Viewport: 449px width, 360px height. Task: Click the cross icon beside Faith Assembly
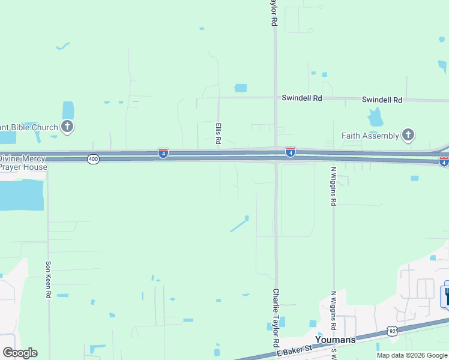[408, 135]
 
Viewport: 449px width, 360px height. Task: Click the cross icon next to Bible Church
[67, 127]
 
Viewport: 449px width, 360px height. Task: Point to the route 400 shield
[93, 159]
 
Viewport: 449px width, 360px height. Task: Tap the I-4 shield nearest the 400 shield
[163, 154]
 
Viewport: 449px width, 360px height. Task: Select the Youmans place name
[336, 340]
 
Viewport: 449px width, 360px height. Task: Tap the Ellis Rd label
[218, 134]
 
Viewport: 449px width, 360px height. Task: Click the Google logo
[20, 353]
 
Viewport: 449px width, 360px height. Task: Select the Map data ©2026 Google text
[412, 355]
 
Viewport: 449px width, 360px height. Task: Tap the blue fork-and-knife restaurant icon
[445, 296]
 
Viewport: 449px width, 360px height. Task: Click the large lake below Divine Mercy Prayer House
[22, 195]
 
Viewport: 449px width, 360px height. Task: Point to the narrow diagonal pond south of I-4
[239, 224]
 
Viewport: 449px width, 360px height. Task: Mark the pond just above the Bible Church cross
[68, 110]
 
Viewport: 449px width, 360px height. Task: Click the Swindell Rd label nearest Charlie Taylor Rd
[303, 98]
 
